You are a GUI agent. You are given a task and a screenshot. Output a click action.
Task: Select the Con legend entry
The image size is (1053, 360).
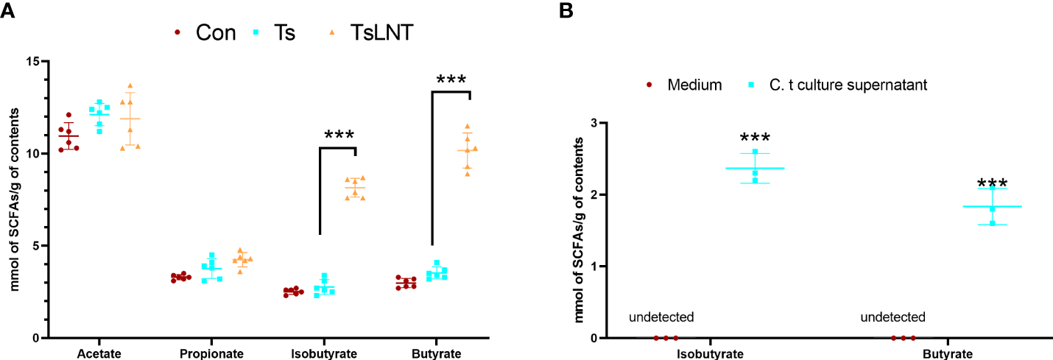point(216,32)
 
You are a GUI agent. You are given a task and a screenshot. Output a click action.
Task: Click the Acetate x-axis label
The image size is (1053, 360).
point(99,354)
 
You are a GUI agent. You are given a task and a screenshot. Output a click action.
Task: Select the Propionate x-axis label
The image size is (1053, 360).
point(211,354)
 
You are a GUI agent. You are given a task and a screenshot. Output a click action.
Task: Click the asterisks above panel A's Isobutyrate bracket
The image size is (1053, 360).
point(339,135)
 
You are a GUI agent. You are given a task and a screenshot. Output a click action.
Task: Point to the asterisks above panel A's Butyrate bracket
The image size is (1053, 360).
point(451,80)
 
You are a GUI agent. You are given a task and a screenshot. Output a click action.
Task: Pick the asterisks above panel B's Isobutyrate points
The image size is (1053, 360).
point(755,138)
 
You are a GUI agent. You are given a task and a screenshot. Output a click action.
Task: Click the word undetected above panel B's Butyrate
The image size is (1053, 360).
point(892,317)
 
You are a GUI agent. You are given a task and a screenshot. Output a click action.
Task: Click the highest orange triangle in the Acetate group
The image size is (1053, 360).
point(131,86)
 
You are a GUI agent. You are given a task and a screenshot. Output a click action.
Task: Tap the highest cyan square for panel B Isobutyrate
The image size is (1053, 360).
point(755,152)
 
